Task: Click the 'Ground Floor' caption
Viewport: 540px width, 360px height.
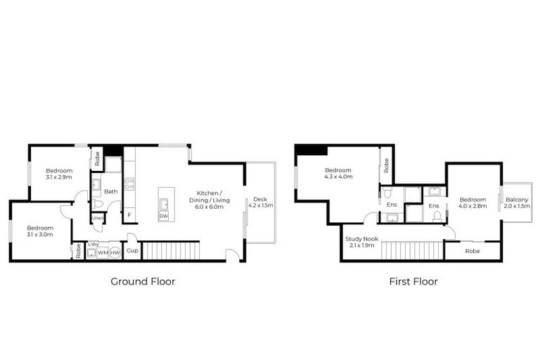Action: tap(143, 281)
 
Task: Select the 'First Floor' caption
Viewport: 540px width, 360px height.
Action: tap(413, 281)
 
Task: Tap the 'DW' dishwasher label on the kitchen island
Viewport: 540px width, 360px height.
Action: tap(163, 216)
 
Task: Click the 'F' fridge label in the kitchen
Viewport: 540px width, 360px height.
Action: tap(129, 214)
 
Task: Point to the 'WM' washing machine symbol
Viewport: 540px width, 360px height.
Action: tap(103, 252)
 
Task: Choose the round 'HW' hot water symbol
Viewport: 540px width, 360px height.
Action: tap(115, 252)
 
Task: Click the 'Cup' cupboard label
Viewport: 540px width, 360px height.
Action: tap(131, 250)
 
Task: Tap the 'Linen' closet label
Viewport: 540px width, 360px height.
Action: tap(97, 219)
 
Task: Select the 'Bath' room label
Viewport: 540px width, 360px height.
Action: tap(111, 191)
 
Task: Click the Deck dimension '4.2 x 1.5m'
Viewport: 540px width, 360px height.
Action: tap(260, 205)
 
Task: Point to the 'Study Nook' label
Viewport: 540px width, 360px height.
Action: tap(362, 239)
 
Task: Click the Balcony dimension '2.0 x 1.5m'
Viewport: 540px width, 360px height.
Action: tap(517, 206)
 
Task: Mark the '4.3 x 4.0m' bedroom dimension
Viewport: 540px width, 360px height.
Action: tap(338, 176)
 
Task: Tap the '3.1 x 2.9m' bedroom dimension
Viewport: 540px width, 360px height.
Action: tap(59, 177)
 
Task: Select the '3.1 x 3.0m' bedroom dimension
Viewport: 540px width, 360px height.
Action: tap(40, 234)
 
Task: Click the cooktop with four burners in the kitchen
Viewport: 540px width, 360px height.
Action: tap(129, 184)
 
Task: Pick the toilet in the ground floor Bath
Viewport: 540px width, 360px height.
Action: tap(98, 204)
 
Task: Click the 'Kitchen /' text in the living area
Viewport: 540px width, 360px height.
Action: tap(210, 193)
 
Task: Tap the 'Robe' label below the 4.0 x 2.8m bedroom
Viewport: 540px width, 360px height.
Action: tap(472, 250)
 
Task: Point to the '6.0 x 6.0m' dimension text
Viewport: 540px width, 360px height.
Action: tap(210, 207)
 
